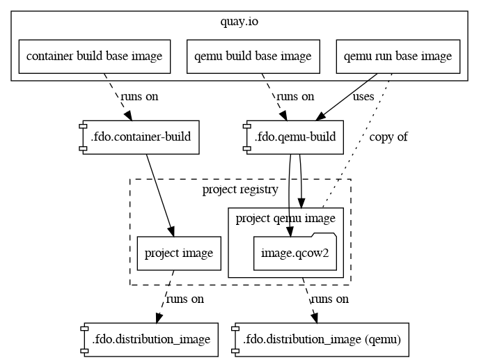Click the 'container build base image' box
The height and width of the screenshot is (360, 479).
coord(94,56)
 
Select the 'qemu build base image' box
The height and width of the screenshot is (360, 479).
coord(253,56)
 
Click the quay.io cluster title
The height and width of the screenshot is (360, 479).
coord(239,22)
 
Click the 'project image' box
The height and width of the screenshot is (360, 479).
coord(179,253)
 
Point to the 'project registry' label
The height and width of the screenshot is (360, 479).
coord(240,189)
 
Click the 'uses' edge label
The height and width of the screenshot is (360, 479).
coord(363,96)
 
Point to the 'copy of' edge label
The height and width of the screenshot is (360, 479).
coord(388,136)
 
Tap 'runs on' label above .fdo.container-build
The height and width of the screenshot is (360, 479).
coord(139,96)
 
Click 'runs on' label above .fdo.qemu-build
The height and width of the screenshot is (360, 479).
coord(295,96)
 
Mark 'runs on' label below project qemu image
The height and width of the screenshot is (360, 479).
coord(329,299)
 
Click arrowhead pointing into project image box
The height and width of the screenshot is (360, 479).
coord(171,233)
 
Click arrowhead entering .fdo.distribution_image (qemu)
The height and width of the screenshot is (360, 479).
coord(315,318)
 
